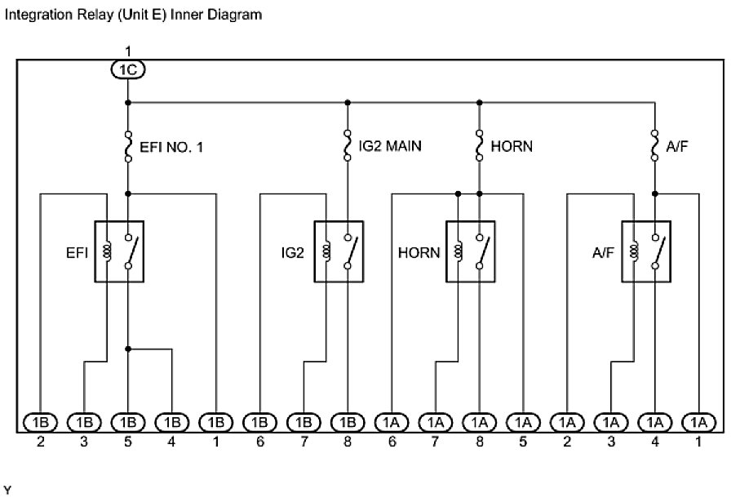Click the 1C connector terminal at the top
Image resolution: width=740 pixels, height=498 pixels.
tap(127, 71)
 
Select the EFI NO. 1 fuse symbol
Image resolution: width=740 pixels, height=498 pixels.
tap(128, 148)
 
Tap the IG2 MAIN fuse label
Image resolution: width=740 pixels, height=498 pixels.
tap(391, 146)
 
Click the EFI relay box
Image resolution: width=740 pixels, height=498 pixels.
tap(119, 251)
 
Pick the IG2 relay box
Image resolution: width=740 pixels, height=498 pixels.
tap(339, 251)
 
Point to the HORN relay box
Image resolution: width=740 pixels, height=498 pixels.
tap(471, 251)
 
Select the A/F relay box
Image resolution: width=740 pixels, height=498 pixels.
tap(646, 251)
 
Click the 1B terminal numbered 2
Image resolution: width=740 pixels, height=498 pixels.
tap(40, 422)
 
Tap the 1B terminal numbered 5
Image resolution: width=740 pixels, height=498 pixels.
tap(128, 422)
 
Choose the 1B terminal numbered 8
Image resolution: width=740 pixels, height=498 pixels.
tap(348, 422)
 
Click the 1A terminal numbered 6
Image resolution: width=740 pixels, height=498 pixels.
tap(392, 422)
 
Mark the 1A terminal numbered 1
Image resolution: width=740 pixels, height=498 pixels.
tap(698, 422)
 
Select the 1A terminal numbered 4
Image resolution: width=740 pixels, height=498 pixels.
tap(654, 422)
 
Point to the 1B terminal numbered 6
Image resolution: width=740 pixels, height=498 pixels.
tap(259, 422)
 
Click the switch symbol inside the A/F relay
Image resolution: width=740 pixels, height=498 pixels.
tap(658, 251)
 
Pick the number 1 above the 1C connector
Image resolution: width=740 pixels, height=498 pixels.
tap(127, 52)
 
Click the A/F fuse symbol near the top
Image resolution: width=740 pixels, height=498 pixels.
tap(654, 148)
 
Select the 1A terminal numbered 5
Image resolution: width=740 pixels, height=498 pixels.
tap(523, 422)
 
